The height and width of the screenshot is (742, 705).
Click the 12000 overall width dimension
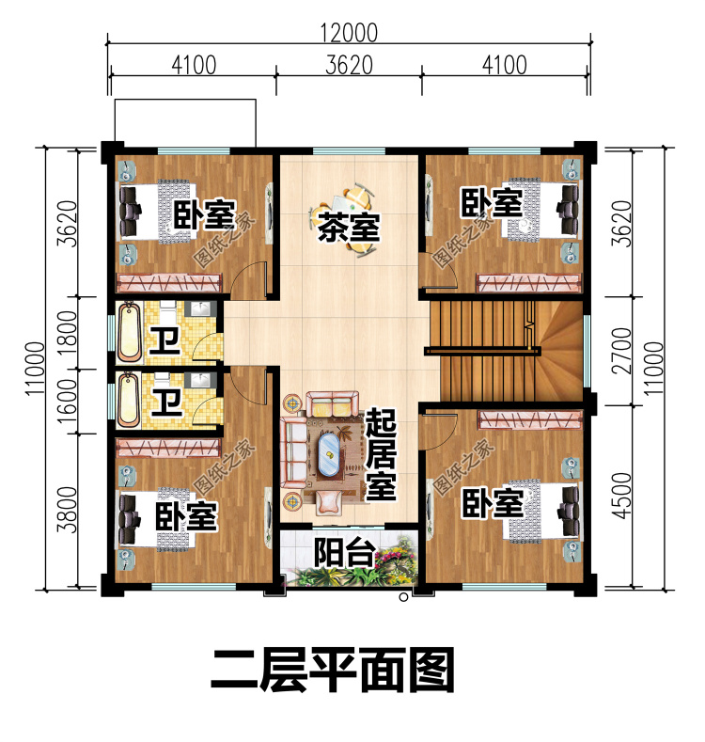(349, 33)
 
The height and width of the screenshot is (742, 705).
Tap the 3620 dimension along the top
(349, 65)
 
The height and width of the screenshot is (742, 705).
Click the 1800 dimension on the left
(67, 333)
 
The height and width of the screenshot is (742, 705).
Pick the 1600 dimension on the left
(67, 402)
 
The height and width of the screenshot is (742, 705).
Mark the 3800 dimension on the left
(67, 509)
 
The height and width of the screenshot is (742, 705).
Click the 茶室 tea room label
(349, 228)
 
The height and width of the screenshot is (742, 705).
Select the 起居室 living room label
(381, 455)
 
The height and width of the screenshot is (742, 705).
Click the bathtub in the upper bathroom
(129, 332)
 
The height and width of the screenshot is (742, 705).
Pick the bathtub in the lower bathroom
(129, 400)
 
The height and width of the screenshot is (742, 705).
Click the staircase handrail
(482, 351)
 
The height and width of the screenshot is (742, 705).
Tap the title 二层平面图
(333, 671)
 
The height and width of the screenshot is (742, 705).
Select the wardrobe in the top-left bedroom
(169, 282)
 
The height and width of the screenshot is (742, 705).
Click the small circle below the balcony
(403, 597)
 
